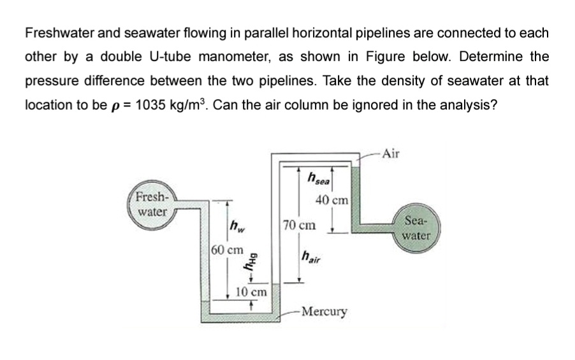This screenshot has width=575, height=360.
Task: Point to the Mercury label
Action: click(x=324, y=312)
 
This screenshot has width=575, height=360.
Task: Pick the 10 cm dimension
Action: click(x=251, y=292)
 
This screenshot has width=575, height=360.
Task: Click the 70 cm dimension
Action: click(x=298, y=225)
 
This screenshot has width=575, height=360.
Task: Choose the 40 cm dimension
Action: click(x=332, y=200)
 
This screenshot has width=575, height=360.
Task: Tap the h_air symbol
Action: click(x=312, y=257)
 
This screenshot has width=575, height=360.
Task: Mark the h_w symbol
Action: click(x=237, y=224)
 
